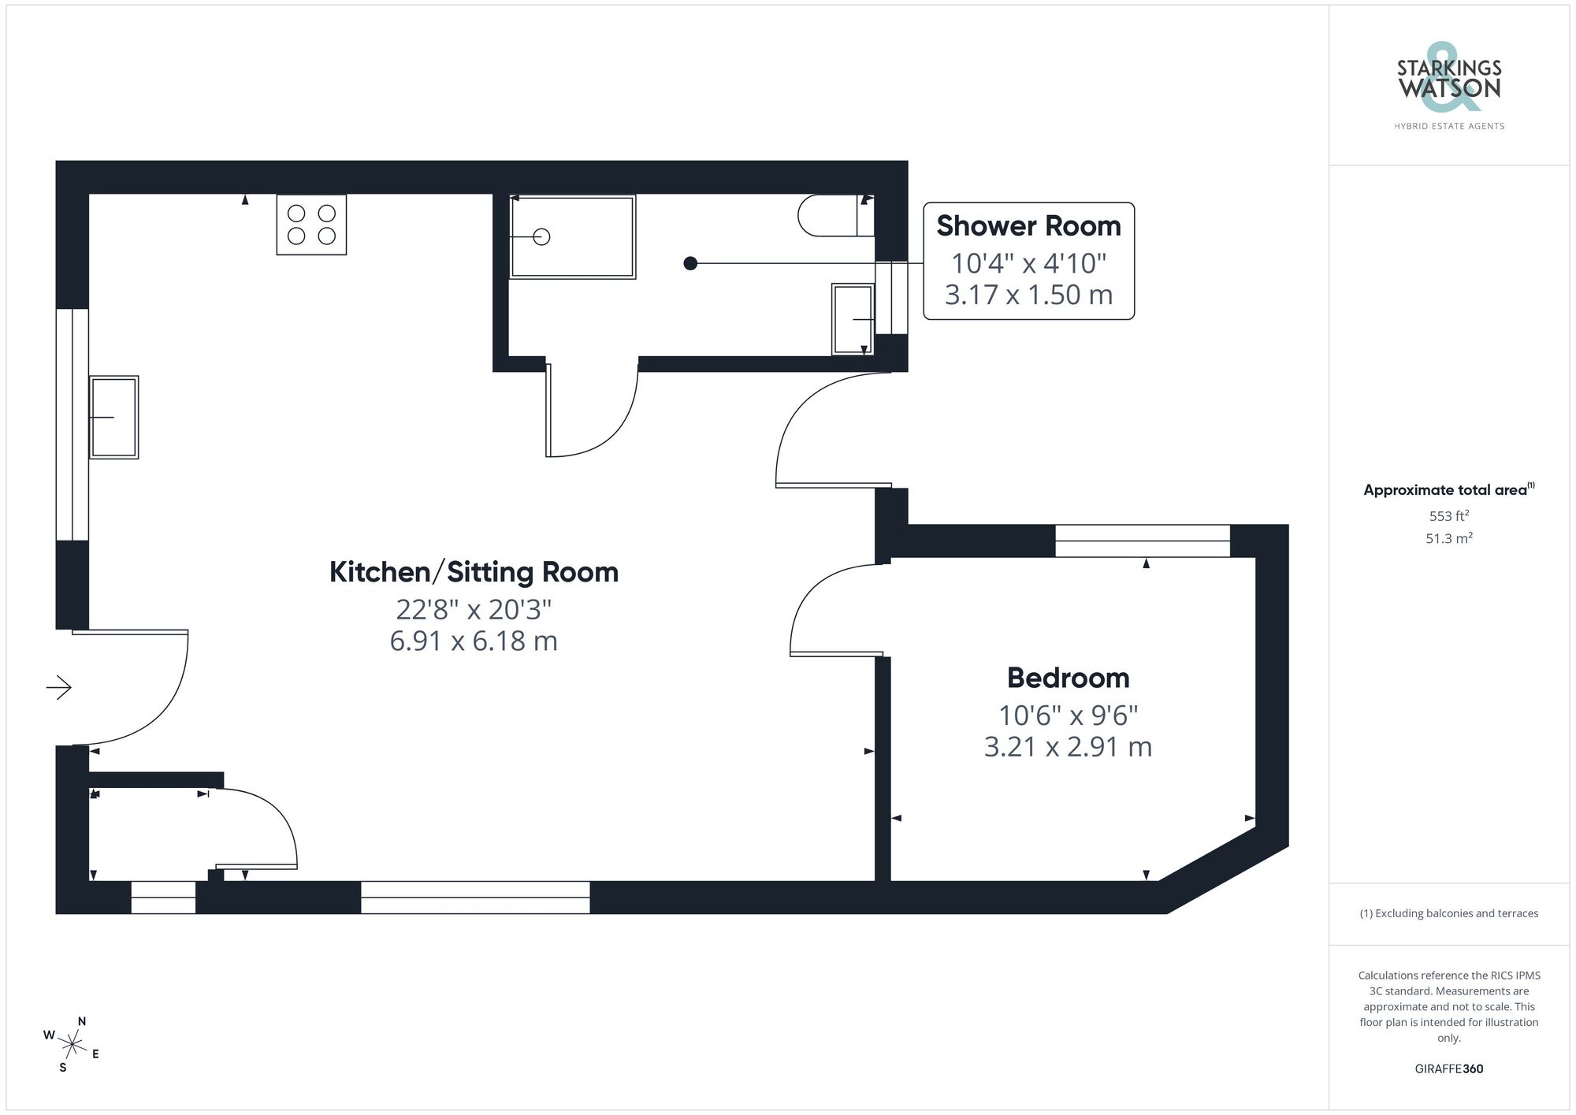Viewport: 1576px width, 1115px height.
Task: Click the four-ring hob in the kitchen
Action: tap(311, 225)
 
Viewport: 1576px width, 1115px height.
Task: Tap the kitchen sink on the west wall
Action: tap(114, 417)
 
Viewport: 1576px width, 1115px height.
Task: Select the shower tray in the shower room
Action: tap(573, 236)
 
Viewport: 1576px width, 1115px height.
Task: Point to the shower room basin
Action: tap(853, 319)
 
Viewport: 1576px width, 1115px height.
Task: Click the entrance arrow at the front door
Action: tap(59, 688)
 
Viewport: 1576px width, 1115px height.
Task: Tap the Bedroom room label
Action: tap(1068, 678)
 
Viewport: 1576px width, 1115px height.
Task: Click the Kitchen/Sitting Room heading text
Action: tap(474, 572)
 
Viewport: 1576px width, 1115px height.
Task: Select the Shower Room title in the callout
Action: tap(1028, 226)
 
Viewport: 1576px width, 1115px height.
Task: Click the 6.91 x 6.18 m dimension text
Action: tap(474, 641)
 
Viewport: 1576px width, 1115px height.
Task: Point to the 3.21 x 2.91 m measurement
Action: tap(1068, 746)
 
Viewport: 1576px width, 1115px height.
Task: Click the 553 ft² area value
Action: tap(1448, 516)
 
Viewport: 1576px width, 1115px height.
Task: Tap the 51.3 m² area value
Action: tap(1448, 539)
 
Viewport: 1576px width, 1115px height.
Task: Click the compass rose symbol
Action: tap(72, 1045)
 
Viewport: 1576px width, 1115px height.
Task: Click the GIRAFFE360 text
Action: tap(1448, 1069)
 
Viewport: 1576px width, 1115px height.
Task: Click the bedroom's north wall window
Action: tap(1142, 541)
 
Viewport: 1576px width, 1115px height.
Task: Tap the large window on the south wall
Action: tap(475, 897)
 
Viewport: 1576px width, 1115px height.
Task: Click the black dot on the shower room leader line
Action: tap(690, 263)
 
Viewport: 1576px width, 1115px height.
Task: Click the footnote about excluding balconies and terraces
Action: tap(1448, 913)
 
